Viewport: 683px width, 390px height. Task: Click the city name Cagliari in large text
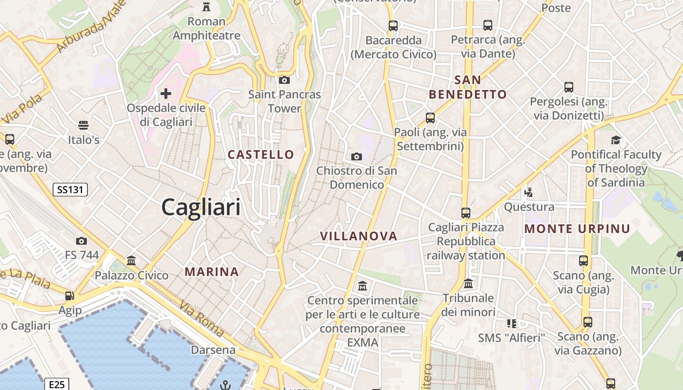[201, 207]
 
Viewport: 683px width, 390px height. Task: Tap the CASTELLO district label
[261, 155]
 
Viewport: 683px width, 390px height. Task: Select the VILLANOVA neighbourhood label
[359, 236]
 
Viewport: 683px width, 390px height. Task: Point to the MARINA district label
[212, 272]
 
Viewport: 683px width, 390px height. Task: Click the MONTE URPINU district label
[577, 228]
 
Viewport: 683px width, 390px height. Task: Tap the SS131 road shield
[70, 190]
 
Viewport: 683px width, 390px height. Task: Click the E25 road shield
[57, 385]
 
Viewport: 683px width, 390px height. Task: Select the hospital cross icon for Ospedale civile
[166, 93]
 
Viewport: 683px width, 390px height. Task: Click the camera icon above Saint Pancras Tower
[284, 80]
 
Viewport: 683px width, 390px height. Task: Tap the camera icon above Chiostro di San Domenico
[357, 156]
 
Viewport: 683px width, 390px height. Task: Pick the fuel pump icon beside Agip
[70, 295]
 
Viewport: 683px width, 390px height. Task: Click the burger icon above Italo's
[83, 125]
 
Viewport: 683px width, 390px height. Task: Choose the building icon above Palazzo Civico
[131, 261]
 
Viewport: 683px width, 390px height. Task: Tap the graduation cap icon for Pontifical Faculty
[616, 140]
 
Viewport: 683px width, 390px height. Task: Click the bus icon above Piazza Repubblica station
[466, 213]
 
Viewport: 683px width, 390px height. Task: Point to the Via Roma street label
[201, 319]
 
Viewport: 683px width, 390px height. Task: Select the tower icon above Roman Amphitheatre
[206, 7]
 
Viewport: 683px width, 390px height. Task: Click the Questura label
[529, 207]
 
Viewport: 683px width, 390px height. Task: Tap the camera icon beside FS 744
[81, 241]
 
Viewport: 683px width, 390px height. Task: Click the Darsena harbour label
[213, 350]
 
